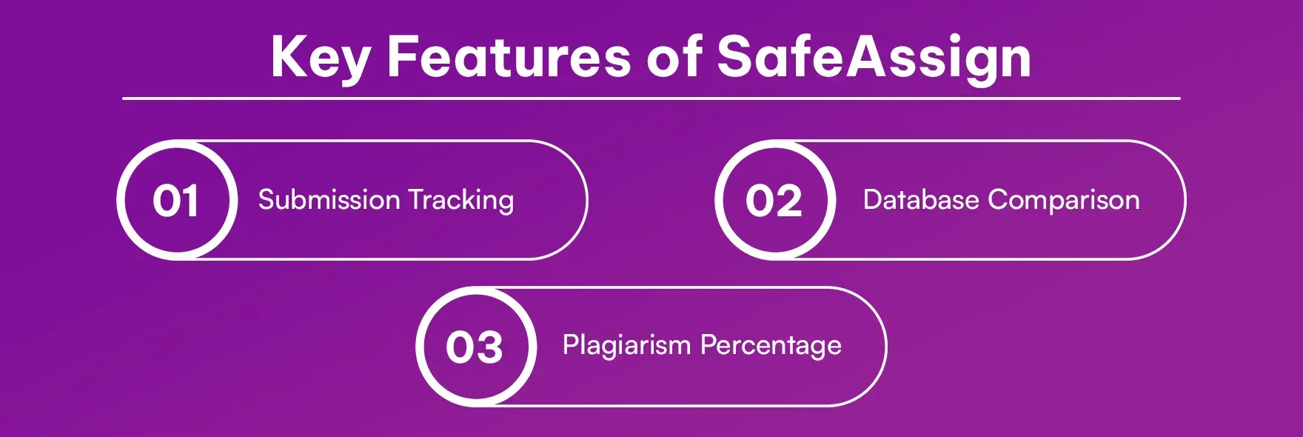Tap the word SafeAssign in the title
[x=874, y=57]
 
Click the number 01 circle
[x=177, y=200]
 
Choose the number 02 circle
[x=774, y=200]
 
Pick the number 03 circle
[x=475, y=347]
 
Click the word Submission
[x=329, y=200]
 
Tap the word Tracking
[x=461, y=201]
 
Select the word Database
[x=921, y=200]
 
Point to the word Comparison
[x=1063, y=201]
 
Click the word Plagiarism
[x=626, y=345]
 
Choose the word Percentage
[x=771, y=346]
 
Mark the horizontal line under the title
[x=651, y=98]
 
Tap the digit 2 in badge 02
[x=789, y=201]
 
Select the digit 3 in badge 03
[x=490, y=347]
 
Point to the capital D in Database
[x=873, y=200]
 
